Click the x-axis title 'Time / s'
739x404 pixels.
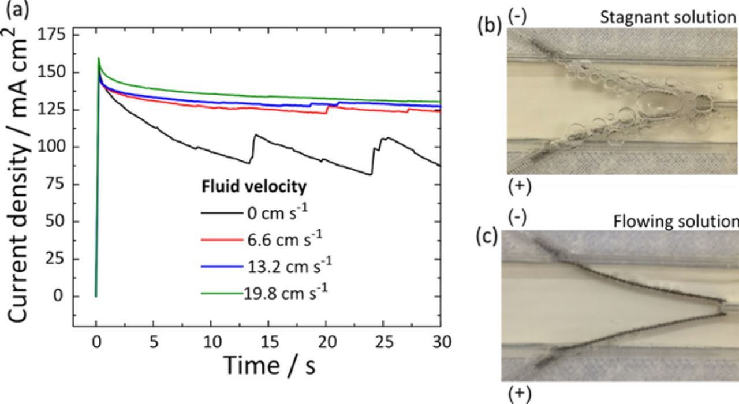[x=270, y=365]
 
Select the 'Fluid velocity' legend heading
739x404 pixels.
[x=253, y=188]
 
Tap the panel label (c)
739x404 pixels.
[x=488, y=237]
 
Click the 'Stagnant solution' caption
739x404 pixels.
[x=667, y=17]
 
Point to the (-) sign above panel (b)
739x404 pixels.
[x=517, y=17]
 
